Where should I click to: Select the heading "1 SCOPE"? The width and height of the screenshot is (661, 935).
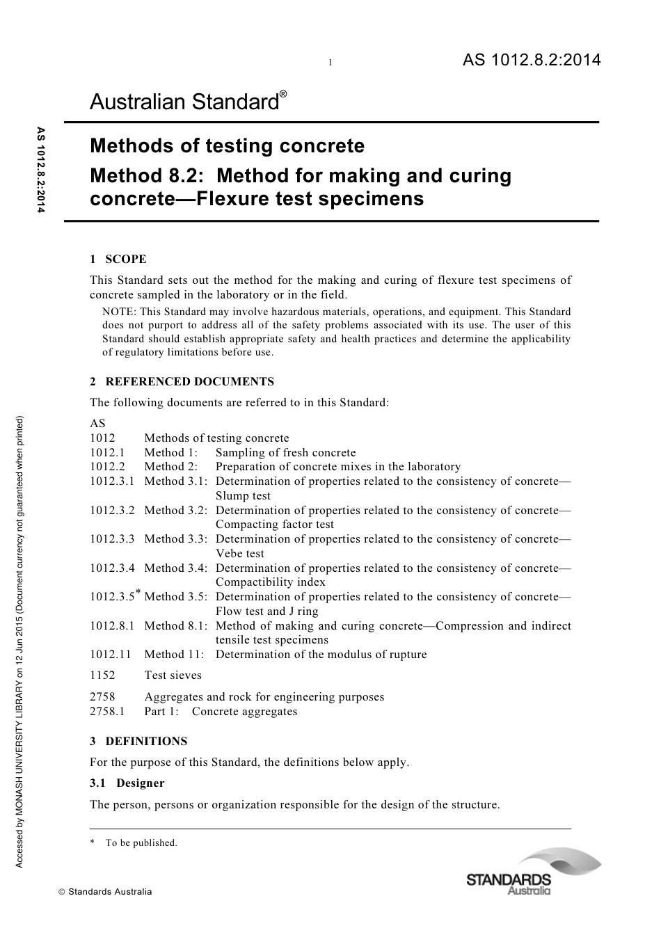click(x=118, y=259)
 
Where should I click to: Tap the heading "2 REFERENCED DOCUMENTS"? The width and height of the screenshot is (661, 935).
click(x=182, y=381)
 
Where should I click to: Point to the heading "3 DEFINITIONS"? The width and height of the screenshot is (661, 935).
click(x=138, y=741)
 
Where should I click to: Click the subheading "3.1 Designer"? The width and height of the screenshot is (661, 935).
click(x=127, y=783)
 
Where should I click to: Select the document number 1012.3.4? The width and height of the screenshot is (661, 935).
click(x=112, y=568)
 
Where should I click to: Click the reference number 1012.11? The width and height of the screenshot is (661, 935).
click(x=110, y=654)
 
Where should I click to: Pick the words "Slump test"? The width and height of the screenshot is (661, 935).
click(x=243, y=496)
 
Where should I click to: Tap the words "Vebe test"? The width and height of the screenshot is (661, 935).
click(x=239, y=554)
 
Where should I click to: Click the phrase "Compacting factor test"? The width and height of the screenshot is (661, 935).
click(x=274, y=525)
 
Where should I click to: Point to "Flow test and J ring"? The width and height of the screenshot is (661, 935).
click(x=266, y=611)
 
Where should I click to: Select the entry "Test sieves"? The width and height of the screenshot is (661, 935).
click(x=173, y=675)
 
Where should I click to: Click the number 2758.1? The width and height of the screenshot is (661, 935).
click(x=107, y=711)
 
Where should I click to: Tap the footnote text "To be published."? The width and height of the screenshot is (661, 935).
click(x=141, y=842)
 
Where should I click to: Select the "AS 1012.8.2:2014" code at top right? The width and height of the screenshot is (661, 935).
click(x=531, y=61)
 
